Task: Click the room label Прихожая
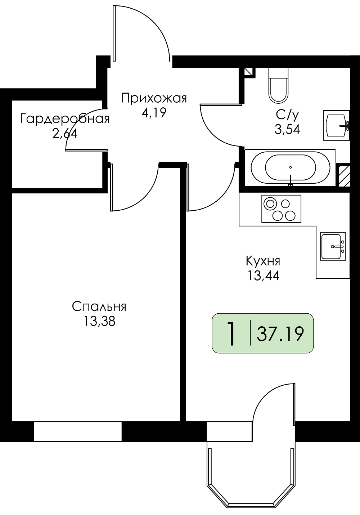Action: [154, 98]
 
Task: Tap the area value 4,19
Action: [154, 113]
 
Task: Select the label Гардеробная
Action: [65, 119]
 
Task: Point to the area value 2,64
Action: [64, 134]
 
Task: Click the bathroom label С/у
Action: [287, 115]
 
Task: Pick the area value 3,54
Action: [287, 129]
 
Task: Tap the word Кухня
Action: [263, 261]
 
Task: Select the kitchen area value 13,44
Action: [263, 276]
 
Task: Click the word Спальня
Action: [99, 307]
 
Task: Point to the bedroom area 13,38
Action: [99, 321]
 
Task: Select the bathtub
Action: [291, 167]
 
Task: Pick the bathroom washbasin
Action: [336, 125]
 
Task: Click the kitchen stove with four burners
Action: [281, 209]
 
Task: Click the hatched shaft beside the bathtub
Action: [344, 175]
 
